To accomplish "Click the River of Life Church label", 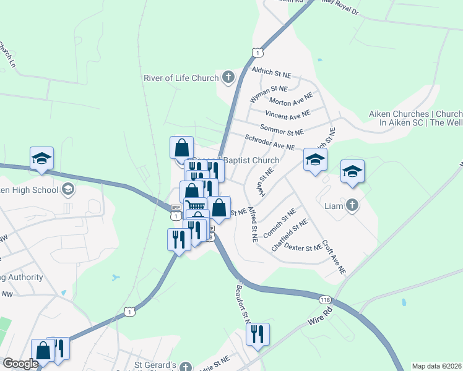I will click(181, 78).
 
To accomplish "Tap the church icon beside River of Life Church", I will click(228, 78).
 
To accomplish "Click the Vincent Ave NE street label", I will click(287, 115).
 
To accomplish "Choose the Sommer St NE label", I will click(282, 131).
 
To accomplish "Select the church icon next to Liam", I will click(352, 205).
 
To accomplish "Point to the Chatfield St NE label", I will click(290, 235).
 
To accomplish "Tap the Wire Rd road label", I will click(319, 319).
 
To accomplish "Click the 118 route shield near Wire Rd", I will click(325, 299).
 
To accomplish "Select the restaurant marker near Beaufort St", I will click(257, 335).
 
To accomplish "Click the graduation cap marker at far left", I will click(42, 158).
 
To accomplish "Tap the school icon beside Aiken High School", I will click(68, 189).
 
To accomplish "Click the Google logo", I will click(20, 364).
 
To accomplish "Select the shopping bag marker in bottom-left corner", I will click(43, 351).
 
